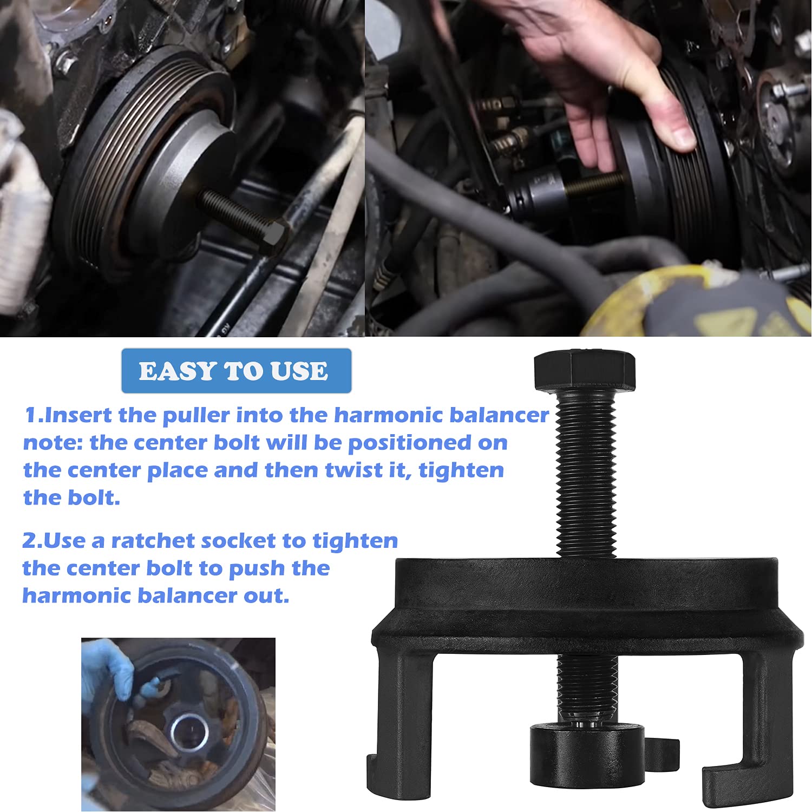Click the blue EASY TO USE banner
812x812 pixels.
pos(236,371)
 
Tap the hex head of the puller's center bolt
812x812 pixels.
pos(584,371)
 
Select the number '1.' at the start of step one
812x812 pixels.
pos(34,415)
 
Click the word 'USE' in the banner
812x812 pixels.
pos(299,371)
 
